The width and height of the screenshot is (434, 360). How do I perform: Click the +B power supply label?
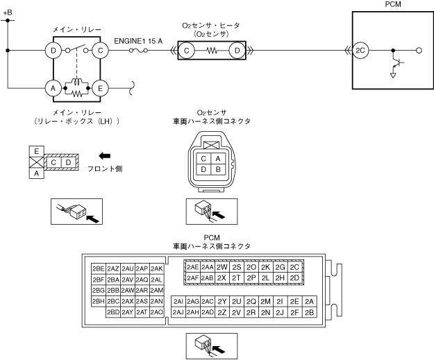(x=8, y=12)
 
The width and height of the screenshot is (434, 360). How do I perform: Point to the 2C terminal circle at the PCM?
(x=360, y=50)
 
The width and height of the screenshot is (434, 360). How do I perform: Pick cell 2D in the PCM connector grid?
(x=294, y=278)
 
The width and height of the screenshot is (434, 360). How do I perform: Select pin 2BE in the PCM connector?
(x=97, y=268)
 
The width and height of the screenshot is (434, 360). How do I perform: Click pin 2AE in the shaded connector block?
(x=193, y=267)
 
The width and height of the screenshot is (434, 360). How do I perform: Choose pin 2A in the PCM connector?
(x=310, y=301)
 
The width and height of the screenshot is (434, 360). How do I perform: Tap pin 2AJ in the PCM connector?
(x=178, y=312)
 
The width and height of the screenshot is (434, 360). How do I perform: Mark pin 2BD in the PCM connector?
(x=112, y=313)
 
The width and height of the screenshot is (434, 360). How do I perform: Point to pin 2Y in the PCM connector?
(x=222, y=301)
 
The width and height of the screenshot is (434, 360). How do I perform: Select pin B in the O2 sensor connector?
(x=217, y=169)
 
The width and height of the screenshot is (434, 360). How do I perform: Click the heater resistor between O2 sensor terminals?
(x=212, y=50)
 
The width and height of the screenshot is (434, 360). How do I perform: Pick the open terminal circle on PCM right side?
(x=419, y=50)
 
